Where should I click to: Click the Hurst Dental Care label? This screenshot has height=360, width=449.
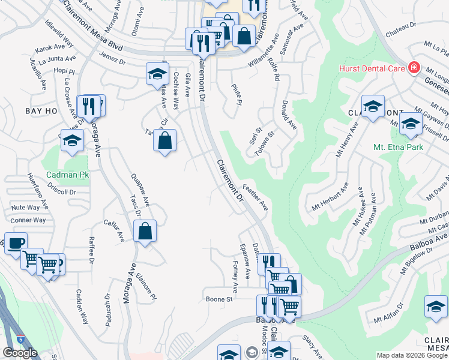coord(372,68)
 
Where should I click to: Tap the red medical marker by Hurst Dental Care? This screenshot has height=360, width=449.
coord(414,68)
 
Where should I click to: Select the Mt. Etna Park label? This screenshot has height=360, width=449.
coord(398,147)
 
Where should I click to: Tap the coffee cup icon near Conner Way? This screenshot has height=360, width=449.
coord(16,243)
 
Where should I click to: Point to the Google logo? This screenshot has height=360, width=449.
coord(20,352)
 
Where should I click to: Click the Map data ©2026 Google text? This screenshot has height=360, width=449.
coord(412,355)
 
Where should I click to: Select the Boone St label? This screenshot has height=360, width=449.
coord(218,299)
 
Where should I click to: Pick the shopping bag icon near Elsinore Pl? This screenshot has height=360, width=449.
coord(145,230)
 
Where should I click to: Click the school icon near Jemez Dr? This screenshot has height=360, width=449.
coord(157,74)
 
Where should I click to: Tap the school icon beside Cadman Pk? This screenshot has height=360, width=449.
coord(72,140)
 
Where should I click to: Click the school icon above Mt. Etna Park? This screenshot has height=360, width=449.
coord(411,124)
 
